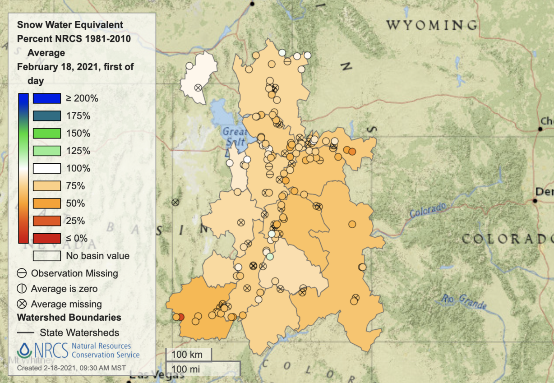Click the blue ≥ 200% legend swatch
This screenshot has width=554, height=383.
pos(46,98)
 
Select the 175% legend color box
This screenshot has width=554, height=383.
pos(46,115)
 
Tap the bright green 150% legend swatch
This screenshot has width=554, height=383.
pos(46,133)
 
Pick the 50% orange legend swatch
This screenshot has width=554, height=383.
pos(46,203)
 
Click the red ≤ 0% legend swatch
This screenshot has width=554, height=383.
pos(46,238)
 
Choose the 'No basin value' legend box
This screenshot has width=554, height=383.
pos(46,256)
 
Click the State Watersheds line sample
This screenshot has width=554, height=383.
pos(26,333)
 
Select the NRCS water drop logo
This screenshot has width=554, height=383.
pos(24,351)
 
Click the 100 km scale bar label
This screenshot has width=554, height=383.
pos(188,354)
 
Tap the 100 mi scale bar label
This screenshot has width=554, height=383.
pos(186,369)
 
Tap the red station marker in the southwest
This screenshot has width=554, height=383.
pos(181,317)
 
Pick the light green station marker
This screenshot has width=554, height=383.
pos(270,256)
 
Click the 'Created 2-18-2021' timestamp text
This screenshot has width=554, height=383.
pos(71,368)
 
